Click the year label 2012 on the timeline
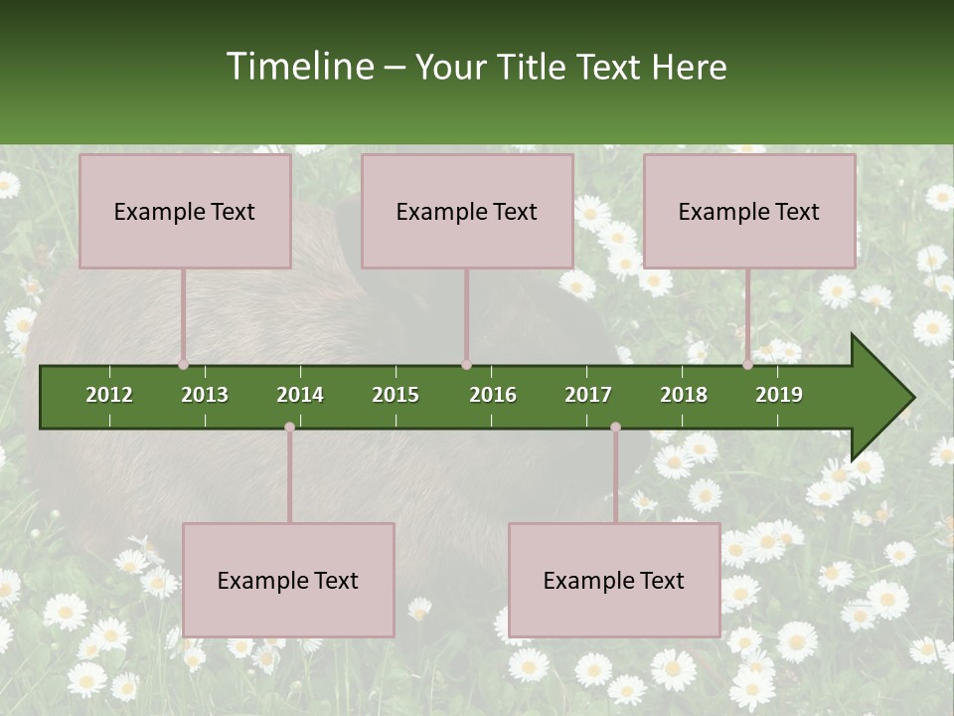(109, 395)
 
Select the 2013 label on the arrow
(205, 395)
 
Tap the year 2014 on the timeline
(300, 395)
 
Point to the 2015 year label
(396, 395)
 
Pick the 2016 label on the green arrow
(493, 395)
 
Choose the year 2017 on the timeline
(588, 395)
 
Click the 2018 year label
(684, 395)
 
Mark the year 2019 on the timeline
(779, 395)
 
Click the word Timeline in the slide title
(299, 67)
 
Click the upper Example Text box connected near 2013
(185, 211)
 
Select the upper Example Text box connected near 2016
(467, 211)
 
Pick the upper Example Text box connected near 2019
(749, 211)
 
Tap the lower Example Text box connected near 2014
(288, 580)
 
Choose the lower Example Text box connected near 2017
(614, 580)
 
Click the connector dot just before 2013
(184, 364)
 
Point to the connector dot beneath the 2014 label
(289, 428)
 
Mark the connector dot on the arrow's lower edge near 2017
(615, 428)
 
